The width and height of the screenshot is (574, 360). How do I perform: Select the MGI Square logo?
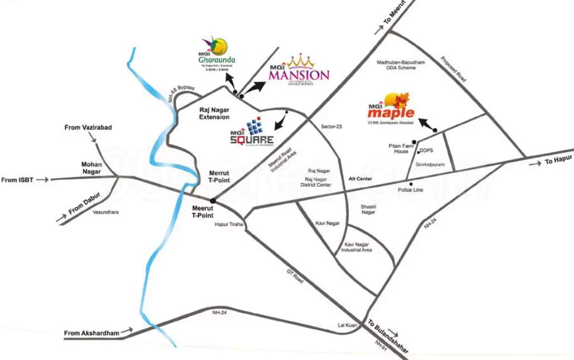pyautogui.click(x=252, y=132)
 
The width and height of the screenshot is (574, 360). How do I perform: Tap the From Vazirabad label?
pyautogui.click(x=88, y=128)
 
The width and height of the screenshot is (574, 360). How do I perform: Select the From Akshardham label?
pyautogui.click(x=92, y=333)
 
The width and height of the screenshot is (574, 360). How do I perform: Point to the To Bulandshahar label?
pyautogui.click(x=388, y=336)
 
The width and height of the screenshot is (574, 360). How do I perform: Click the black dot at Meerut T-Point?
pyautogui.click(x=212, y=201)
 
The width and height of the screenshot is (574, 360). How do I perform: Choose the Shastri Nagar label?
pyautogui.click(x=368, y=209)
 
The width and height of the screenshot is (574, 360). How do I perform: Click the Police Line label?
pyautogui.click(x=411, y=190)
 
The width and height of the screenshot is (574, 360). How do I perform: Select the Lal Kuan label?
pyautogui.click(x=347, y=324)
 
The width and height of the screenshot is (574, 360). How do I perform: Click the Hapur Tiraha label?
pyautogui.click(x=230, y=225)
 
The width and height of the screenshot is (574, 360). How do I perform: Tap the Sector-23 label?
pyautogui.click(x=331, y=127)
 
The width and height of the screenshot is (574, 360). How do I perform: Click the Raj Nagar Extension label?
pyautogui.click(x=215, y=114)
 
